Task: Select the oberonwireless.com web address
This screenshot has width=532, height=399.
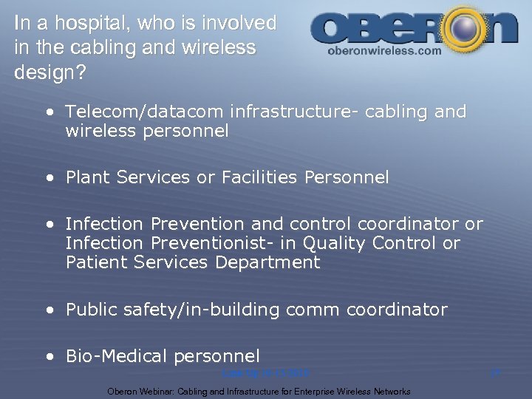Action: (x=383, y=51)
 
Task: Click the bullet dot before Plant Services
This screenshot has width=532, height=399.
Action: (x=49, y=178)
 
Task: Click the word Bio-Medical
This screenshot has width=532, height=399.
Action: (x=116, y=356)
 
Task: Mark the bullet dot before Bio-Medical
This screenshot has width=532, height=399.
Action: (x=49, y=357)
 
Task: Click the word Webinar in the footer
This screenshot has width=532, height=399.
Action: (x=157, y=391)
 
